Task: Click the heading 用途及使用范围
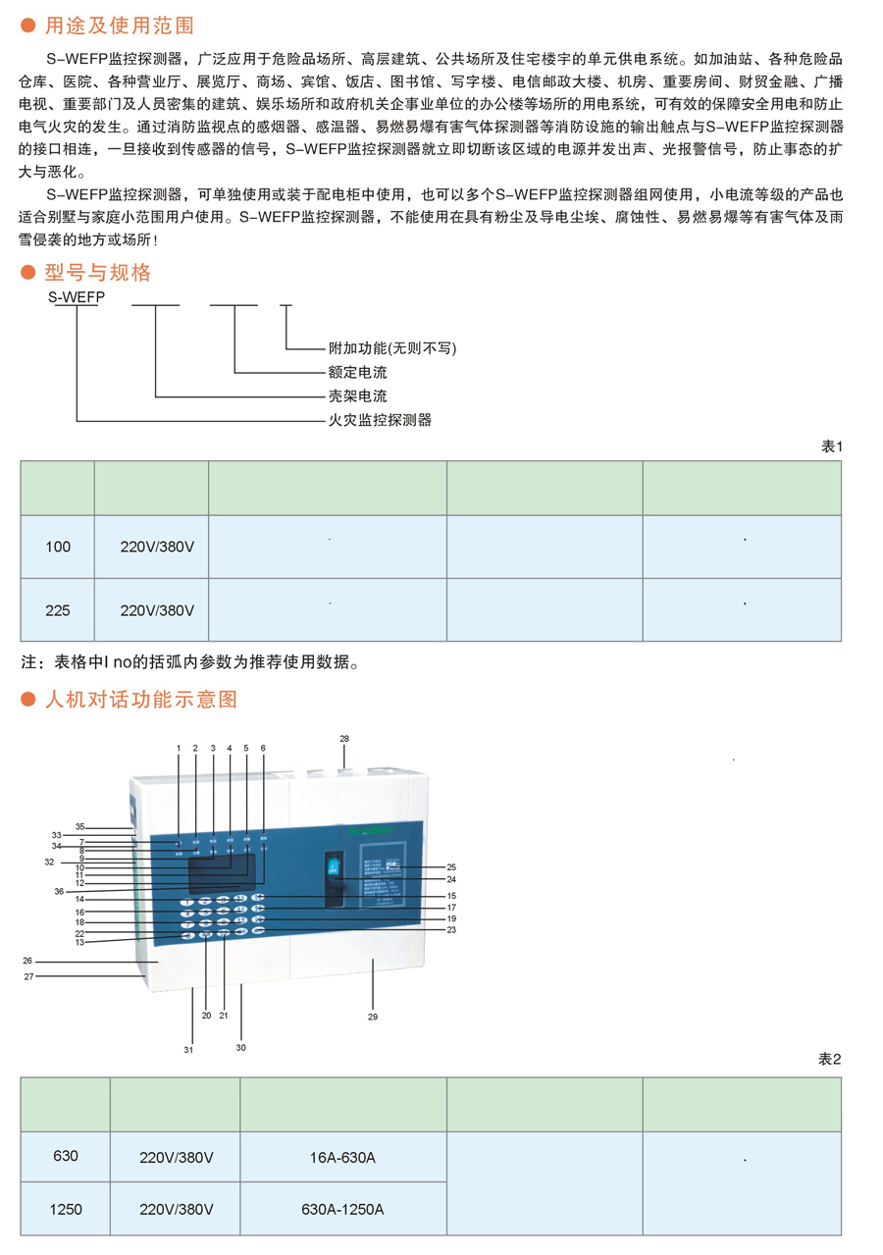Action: point(120,24)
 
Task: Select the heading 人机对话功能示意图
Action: point(141,700)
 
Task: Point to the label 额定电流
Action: point(357,373)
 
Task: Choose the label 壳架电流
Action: point(357,396)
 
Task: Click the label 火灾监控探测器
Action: point(379,420)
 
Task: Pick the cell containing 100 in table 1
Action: point(58,547)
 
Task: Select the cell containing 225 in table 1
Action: point(58,609)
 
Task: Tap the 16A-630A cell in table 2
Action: point(342,1158)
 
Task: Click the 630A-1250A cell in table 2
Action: point(342,1210)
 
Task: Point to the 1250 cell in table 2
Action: point(66,1210)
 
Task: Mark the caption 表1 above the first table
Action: point(831,446)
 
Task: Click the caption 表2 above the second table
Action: point(830,1060)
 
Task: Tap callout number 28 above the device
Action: point(344,738)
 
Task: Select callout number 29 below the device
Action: point(373,1017)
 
